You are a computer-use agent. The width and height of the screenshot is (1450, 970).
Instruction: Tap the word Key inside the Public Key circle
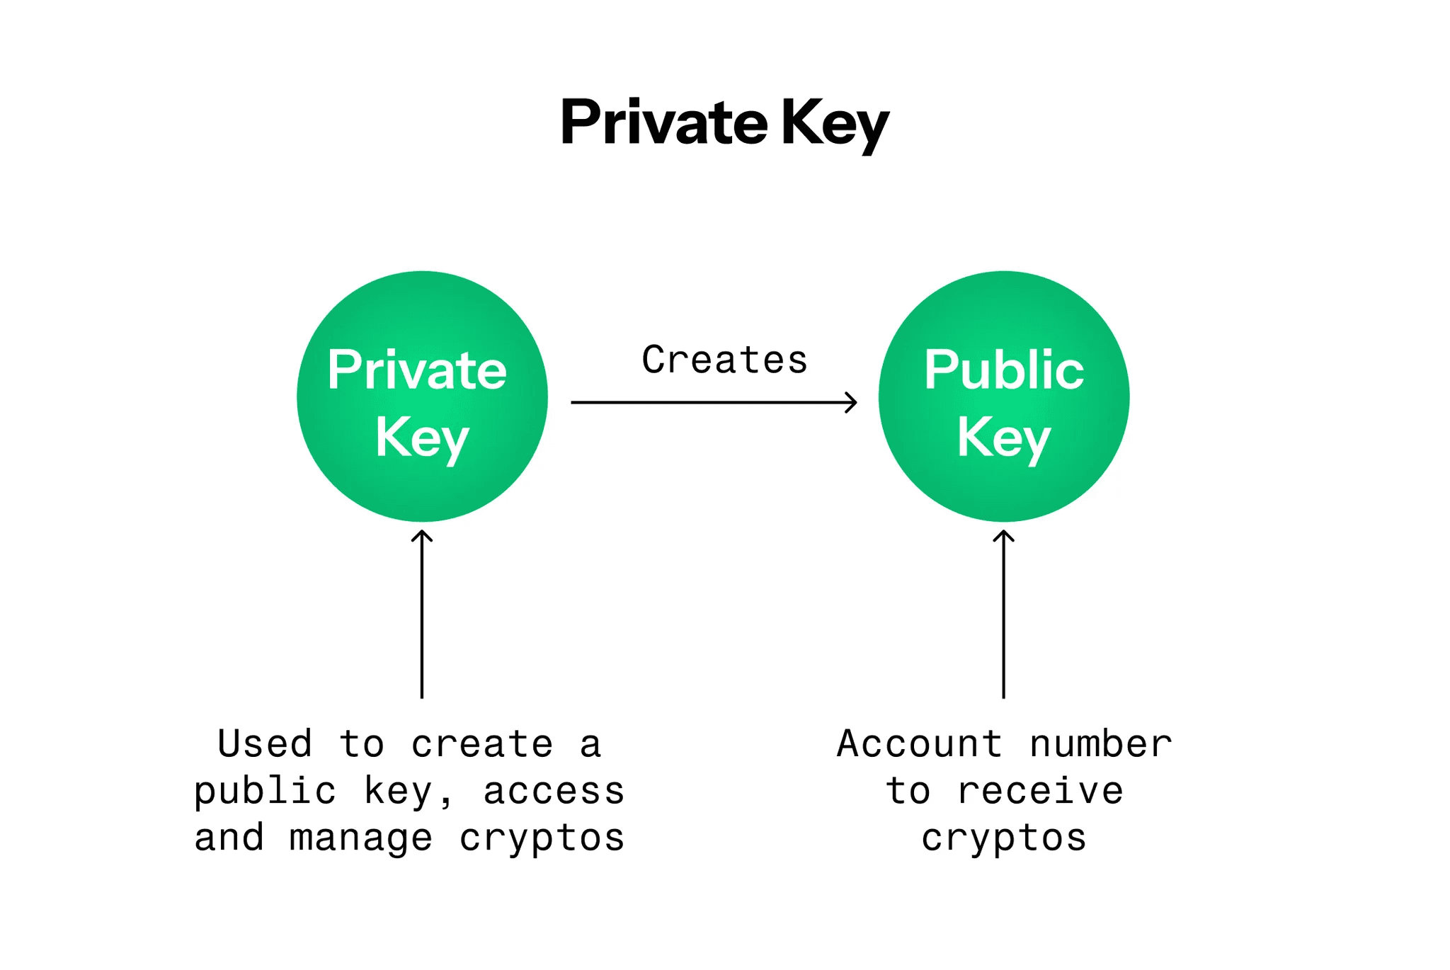click(1003, 438)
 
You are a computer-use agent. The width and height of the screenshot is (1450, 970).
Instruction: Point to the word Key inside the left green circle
click(422, 438)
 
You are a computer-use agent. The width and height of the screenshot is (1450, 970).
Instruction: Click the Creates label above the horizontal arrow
click(724, 360)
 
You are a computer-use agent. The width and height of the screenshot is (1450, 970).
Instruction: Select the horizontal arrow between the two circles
click(708, 402)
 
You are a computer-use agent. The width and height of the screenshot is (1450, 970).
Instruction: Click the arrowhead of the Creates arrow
click(852, 402)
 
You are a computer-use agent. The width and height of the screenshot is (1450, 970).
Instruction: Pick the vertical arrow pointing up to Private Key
click(422, 616)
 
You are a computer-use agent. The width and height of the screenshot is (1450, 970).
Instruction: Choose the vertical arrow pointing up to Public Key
click(1003, 616)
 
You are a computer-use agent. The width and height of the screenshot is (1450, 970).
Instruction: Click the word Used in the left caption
click(265, 744)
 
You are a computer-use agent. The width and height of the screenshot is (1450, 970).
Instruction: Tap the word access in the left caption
click(554, 791)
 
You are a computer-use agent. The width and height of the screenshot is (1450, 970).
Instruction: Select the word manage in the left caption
click(361, 838)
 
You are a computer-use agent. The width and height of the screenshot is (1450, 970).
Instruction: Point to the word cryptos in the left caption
click(542, 839)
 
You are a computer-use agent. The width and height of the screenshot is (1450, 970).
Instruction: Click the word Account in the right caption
click(920, 744)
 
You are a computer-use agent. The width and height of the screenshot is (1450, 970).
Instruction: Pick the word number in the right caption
click(1100, 744)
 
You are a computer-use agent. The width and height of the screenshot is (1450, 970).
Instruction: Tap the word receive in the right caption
click(1040, 791)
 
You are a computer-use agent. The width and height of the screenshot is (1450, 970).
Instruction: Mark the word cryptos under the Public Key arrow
click(1003, 839)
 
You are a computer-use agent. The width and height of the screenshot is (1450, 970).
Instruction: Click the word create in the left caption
click(481, 744)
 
